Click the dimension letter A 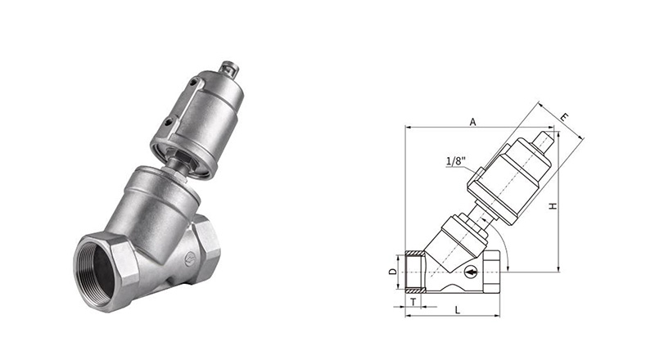(x=472, y=122)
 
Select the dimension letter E (x=564, y=117)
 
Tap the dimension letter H (x=553, y=206)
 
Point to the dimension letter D (x=392, y=272)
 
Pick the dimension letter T (x=413, y=302)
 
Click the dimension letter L (x=458, y=310)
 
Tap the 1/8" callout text (x=456, y=161)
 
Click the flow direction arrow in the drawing (x=471, y=272)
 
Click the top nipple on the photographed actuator (x=229, y=69)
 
